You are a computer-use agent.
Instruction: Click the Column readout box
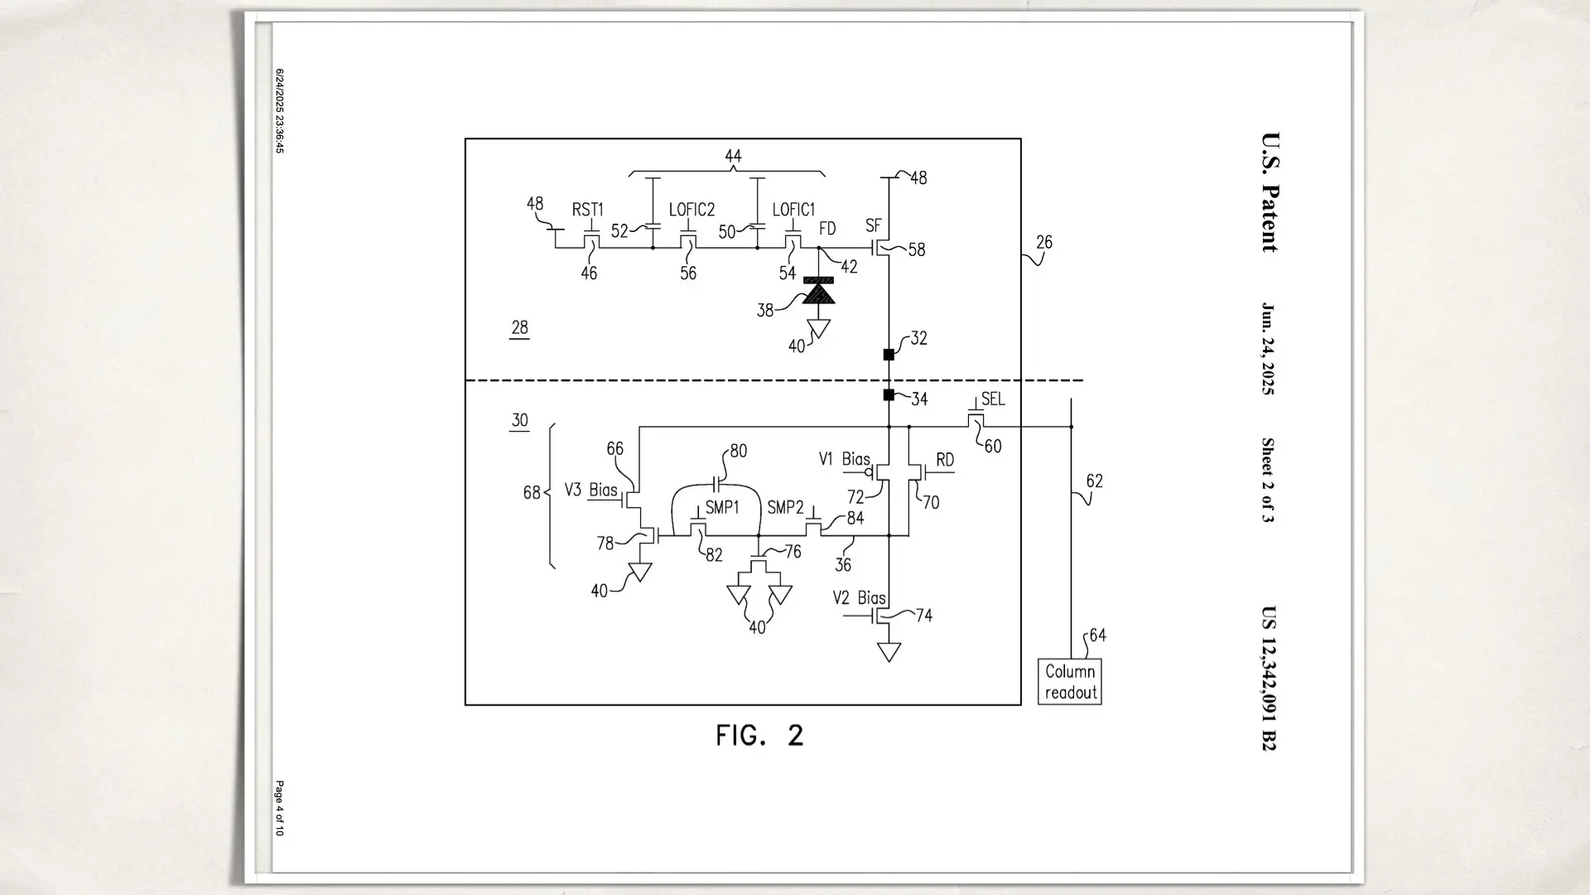(x=1069, y=681)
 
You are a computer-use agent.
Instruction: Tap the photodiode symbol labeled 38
(x=819, y=291)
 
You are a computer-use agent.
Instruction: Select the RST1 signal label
(x=587, y=210)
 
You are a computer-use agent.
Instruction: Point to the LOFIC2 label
(x=691, y=210)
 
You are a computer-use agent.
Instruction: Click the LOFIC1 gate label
(x=793, y=210)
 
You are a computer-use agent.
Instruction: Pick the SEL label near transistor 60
(x=993, y=399)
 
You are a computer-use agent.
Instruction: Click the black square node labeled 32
(x=889, y=355)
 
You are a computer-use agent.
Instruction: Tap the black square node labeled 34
(x=889, y=395)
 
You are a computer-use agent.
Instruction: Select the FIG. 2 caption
(x=759, y=735)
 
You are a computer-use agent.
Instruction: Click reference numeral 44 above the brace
(x=733, y=156)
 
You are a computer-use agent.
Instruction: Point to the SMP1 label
(x=721, y=507)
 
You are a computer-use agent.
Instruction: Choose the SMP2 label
(x=785, y=507)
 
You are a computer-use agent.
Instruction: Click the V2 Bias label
(x=859, y=597)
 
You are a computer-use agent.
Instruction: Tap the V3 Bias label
(x=590, y=490)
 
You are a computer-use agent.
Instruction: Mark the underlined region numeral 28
(x=519, y=327)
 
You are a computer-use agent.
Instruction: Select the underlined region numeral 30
(x=519, y=420)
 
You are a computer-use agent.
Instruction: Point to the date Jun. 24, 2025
(x=1268, y=348)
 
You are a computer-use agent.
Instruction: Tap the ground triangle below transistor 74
(x=889, y=652)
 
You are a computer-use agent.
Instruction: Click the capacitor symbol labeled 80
(x=717, y=481)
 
